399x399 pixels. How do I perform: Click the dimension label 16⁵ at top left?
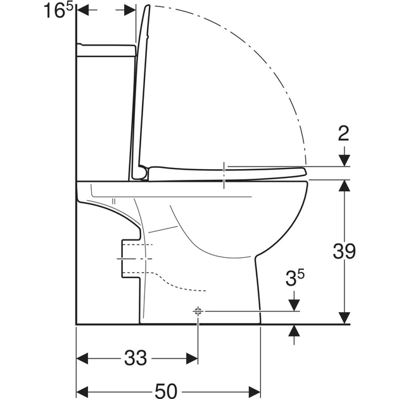(58, 11)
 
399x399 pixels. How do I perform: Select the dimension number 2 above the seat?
(343, 134)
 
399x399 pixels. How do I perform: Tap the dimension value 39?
(345, 251)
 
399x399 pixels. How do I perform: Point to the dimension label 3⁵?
(294, 278)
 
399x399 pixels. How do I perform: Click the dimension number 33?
(136, 358)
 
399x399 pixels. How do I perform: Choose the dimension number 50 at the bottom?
(166, 391)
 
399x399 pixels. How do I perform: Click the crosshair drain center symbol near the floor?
(198, 311)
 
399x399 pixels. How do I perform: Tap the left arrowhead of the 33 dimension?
(82, 358)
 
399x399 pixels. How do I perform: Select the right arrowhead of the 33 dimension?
(192, 358)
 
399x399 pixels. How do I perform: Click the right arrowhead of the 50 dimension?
(255, 391)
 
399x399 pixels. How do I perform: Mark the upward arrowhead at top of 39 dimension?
(345, 186)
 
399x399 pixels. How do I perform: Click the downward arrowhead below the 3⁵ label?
(294, 305)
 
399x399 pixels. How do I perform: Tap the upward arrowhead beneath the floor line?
(294, 331)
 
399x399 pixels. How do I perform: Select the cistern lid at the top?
(106, 50)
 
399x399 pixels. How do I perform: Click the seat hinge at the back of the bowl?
(141, 172)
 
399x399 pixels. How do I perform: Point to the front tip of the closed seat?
(307, 172)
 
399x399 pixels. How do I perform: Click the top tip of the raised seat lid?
(148, 6)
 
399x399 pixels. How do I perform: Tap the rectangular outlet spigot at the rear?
(131, 258)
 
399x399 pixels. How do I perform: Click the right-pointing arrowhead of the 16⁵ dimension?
(130, 10)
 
